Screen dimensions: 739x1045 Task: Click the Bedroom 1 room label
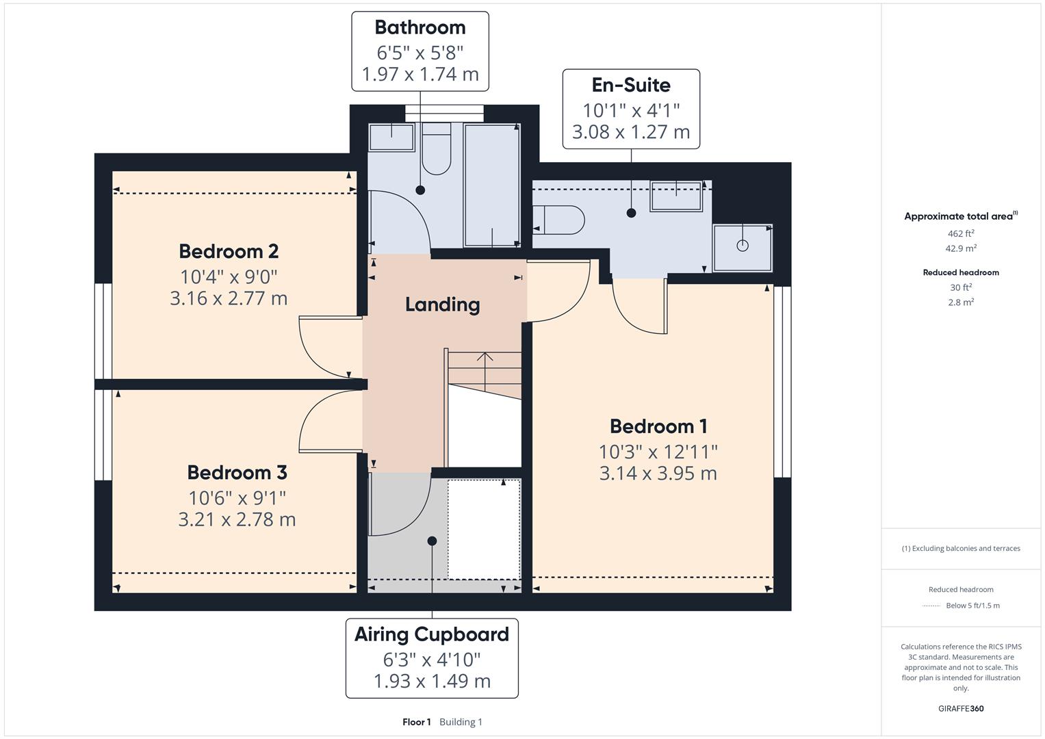[658, 426]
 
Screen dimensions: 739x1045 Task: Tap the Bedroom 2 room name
[229, 251]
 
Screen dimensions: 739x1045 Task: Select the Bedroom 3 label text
[237, 472]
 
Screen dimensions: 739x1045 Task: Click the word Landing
[442, 304]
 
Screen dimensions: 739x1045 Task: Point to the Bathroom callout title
[420, 27]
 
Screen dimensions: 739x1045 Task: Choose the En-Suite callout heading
[630, 85]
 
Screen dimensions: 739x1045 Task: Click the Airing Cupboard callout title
[431, 634]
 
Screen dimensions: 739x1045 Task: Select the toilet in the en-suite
[559, 220]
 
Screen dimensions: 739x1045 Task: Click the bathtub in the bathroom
[491, 185]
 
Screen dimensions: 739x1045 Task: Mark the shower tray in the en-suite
[743, 246]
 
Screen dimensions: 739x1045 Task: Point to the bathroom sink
[391, 137]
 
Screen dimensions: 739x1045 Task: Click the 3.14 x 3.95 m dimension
[658, 474]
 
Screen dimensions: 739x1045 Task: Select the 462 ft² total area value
[961, 233]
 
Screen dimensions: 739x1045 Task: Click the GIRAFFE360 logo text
[961, 708]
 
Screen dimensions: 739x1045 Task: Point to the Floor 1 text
[416, 722]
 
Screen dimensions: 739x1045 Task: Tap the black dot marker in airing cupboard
[432, 541]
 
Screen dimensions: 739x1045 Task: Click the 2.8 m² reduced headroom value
[961, 302]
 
